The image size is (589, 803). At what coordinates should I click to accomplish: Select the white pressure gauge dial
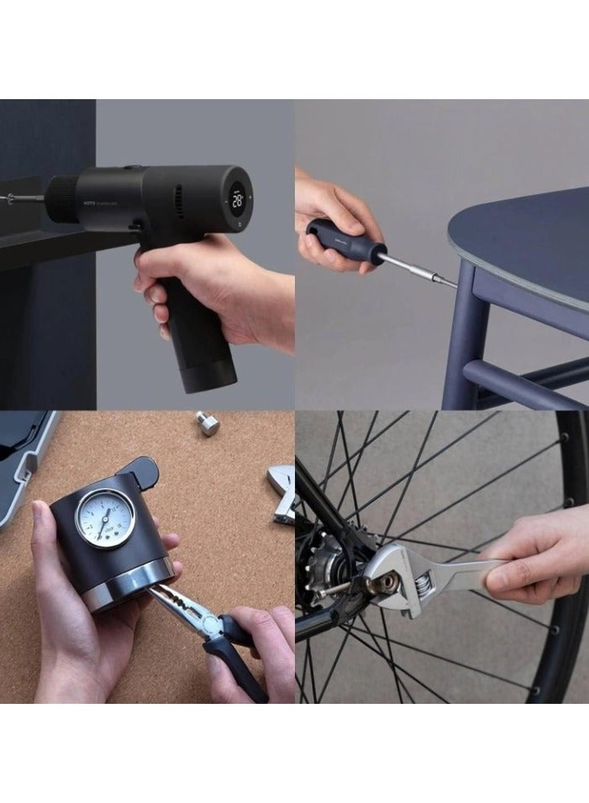point(105,518)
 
